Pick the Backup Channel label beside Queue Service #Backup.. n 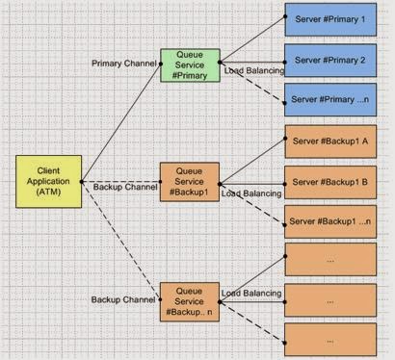123,300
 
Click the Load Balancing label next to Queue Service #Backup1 251,193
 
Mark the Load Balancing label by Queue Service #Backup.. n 251,293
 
